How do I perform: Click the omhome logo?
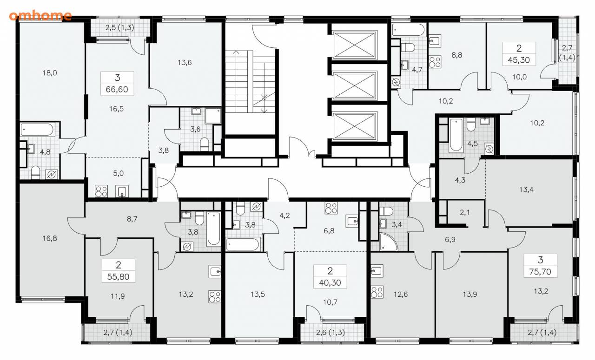[40, 15]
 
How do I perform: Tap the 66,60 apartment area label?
[117, 90]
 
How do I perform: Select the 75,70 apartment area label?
[540, 272]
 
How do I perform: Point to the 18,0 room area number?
[50, 73]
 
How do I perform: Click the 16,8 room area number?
[50, 238]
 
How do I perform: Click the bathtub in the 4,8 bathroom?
[37, 130]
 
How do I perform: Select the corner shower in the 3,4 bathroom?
[388, 242]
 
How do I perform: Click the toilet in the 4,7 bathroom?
[408, 47]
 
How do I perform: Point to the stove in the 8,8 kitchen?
[435, 62]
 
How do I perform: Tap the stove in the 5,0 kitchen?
[101, 191]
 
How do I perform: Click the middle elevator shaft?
[354, 85]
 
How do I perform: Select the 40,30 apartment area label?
[330, 282]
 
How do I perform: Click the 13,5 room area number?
[258, 294]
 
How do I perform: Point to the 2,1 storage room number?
[465, 212]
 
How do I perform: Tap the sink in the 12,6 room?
[377, 271]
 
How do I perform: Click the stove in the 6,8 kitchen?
[331, 208]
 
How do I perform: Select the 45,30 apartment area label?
[519, 60]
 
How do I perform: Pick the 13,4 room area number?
[527, 190]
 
